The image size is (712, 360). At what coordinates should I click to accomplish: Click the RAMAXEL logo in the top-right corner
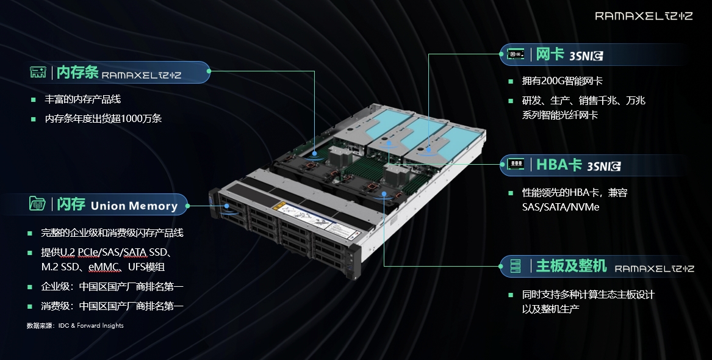click(644, 16)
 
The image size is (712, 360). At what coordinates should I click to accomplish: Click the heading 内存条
click(77, 72)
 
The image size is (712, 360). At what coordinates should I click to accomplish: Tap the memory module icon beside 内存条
click(38, 72)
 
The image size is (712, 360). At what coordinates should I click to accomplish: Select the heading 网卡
click(550, 54)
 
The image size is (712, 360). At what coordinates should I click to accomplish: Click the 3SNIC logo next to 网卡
click(586, 56)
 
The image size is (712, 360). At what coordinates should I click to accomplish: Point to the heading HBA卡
click(559, 164)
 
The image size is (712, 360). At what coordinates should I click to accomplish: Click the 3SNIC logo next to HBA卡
click(604, 166)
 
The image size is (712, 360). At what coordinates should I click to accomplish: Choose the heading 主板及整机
click(571, 265)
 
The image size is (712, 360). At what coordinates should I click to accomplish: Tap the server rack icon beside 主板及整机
click(516, 266)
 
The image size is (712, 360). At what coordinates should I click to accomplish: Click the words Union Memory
click(134, 206)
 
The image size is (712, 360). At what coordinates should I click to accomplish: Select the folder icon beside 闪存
click(37, 203)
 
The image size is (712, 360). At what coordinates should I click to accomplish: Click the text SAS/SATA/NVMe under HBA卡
click(560, 207)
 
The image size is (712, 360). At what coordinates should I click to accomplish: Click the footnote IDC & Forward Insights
click(91, 325)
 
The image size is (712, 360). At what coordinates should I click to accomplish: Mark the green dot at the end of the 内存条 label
click(209, 71)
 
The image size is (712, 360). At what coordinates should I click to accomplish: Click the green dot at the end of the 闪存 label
click(187, 206)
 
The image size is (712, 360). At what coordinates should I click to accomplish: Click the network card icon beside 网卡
click(516, 54)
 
